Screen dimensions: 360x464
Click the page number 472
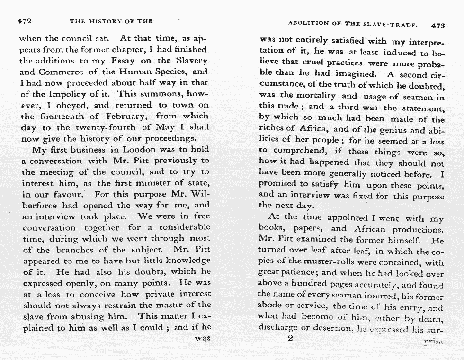pos(24,21)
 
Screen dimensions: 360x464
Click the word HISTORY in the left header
pos(106,21)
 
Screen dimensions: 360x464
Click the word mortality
pos(311,96)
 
